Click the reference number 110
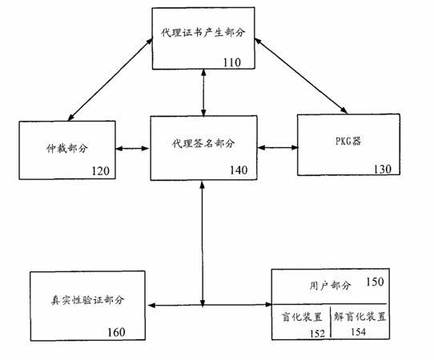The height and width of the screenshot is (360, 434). tap(232, 62)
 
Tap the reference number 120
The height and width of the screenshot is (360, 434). tap(100, 171)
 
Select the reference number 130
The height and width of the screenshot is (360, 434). tap(383, 169)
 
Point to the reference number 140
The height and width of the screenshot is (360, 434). tap(239, 170)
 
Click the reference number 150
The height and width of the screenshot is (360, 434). tap(375, 282)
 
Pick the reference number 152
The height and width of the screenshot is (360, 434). tap(317, 334)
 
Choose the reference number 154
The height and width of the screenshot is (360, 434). tap(358, 331)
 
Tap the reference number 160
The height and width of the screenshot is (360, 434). tap(116, 332)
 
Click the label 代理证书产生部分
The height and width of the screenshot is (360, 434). tap(203, 33)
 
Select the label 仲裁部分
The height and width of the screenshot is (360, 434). tap(67, 149)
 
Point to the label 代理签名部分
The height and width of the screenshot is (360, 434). tap(203, 143)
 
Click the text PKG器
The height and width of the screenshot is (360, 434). tap(348, 141)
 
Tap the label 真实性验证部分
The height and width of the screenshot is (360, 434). tap(87, 300)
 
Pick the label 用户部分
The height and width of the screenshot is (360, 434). tap(330, 286)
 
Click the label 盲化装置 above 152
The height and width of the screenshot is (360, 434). tap(302, 317)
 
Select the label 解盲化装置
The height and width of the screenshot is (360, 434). tap(360, 316)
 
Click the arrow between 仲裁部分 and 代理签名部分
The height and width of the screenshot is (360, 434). tap(132, 149)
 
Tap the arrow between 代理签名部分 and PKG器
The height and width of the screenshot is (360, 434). tap(278, 148)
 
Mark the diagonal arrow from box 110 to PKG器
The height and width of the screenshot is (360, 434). tap(301, 76)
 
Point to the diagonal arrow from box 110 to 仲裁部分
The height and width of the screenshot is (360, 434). tap(111, 79)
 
